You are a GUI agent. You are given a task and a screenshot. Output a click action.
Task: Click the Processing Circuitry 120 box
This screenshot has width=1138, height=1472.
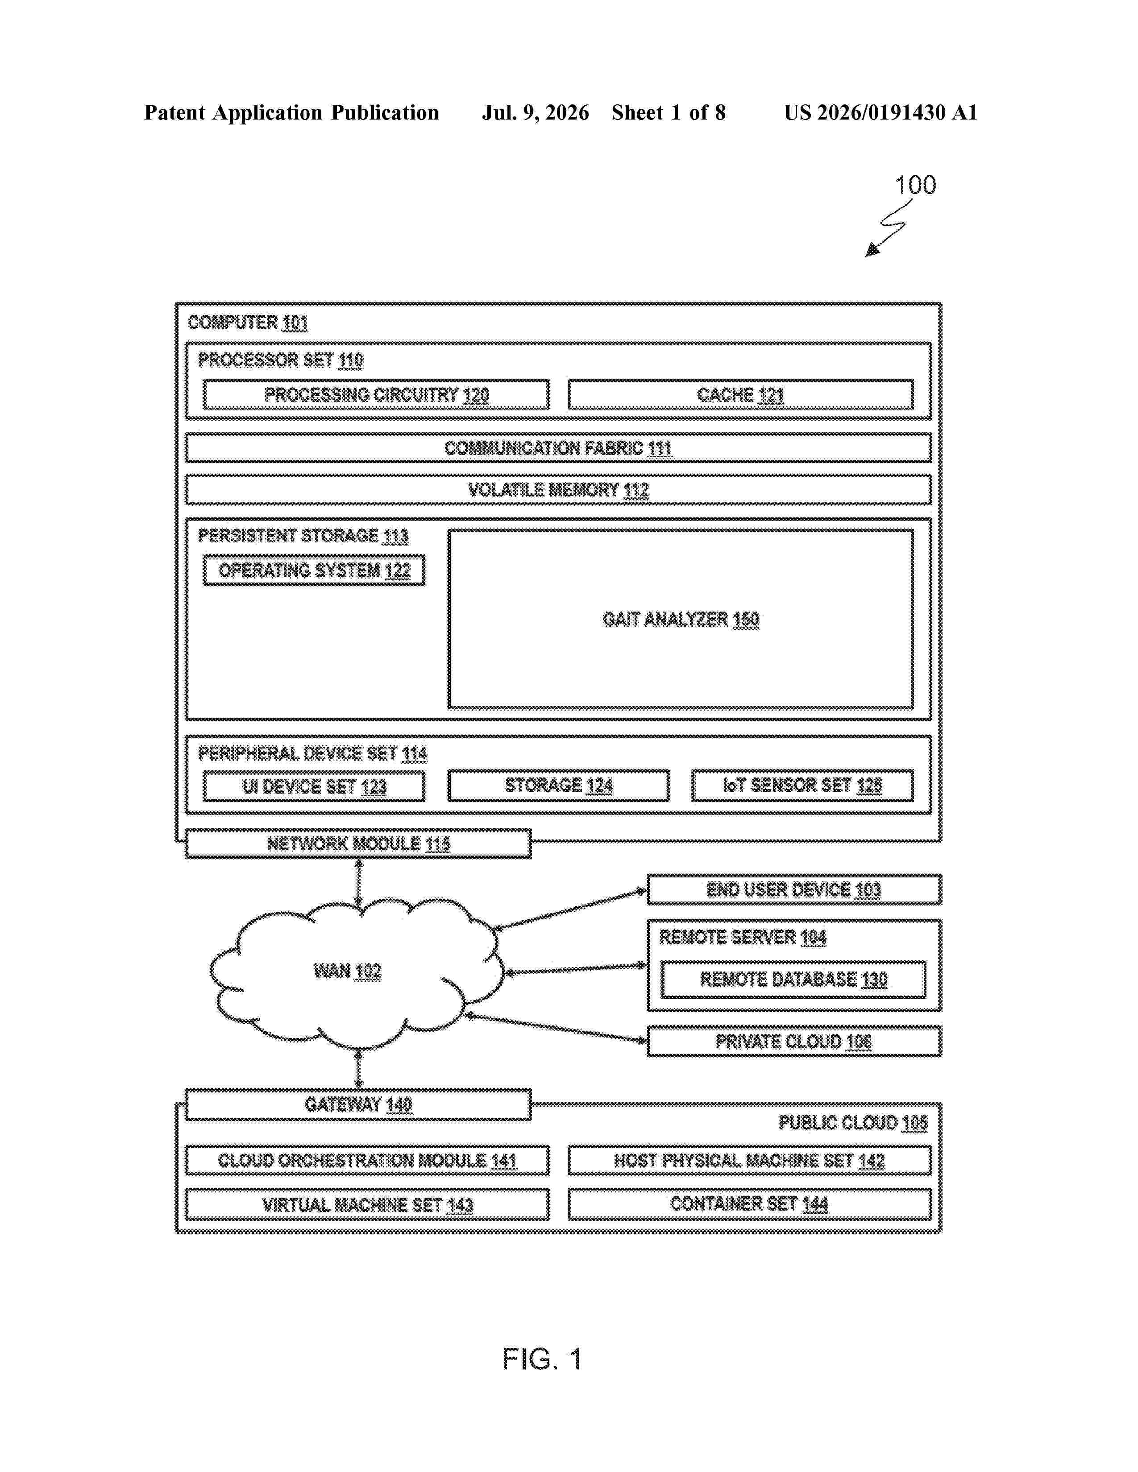tap(376, 394)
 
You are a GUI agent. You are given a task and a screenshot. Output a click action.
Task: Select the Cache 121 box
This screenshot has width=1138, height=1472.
tap(740, 394)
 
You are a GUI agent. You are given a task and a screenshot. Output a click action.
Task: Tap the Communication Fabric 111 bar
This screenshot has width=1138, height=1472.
tap(558, 447)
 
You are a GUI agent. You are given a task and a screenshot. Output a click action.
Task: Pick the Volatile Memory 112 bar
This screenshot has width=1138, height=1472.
tap(558, 489)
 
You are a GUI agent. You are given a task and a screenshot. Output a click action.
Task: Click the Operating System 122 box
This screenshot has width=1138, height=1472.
tap(314, 570)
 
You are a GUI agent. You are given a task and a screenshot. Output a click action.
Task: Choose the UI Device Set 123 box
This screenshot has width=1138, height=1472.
tap(314, 786)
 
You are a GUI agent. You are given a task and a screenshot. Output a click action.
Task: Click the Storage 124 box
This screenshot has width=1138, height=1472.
tap(559, 785)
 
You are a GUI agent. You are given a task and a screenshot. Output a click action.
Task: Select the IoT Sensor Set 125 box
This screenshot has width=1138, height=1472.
tap(802, 785)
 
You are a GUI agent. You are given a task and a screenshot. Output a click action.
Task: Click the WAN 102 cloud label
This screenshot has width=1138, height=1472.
tap(347, 971)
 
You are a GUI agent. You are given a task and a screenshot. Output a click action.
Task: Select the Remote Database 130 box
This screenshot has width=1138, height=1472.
tap(793, 979)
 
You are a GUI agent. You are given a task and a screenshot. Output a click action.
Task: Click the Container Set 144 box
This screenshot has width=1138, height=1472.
tap(750, 1204)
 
